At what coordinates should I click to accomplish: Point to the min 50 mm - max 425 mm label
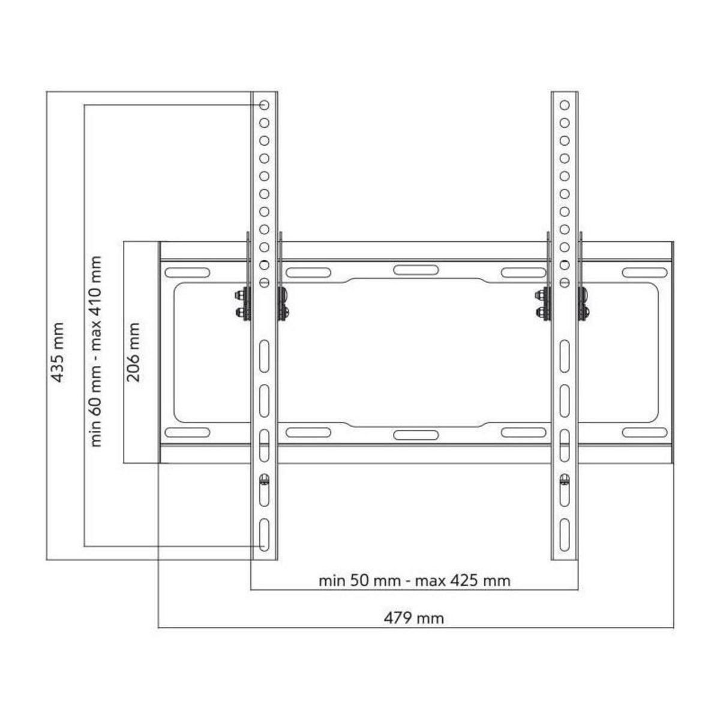(x=414, y=581)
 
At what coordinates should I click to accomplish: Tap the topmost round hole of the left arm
(x=264, y=105)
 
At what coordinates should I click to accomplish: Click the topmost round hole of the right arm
(x=565, y=105)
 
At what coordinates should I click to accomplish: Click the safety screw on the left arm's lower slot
(x=264, y=479)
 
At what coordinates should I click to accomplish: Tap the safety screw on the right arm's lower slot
(x=564, y=479)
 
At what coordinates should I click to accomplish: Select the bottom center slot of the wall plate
(x=412, y=435)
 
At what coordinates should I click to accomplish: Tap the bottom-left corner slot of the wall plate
(x=187, y=432)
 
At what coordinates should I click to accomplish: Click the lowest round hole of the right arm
(x=565, y=283)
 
